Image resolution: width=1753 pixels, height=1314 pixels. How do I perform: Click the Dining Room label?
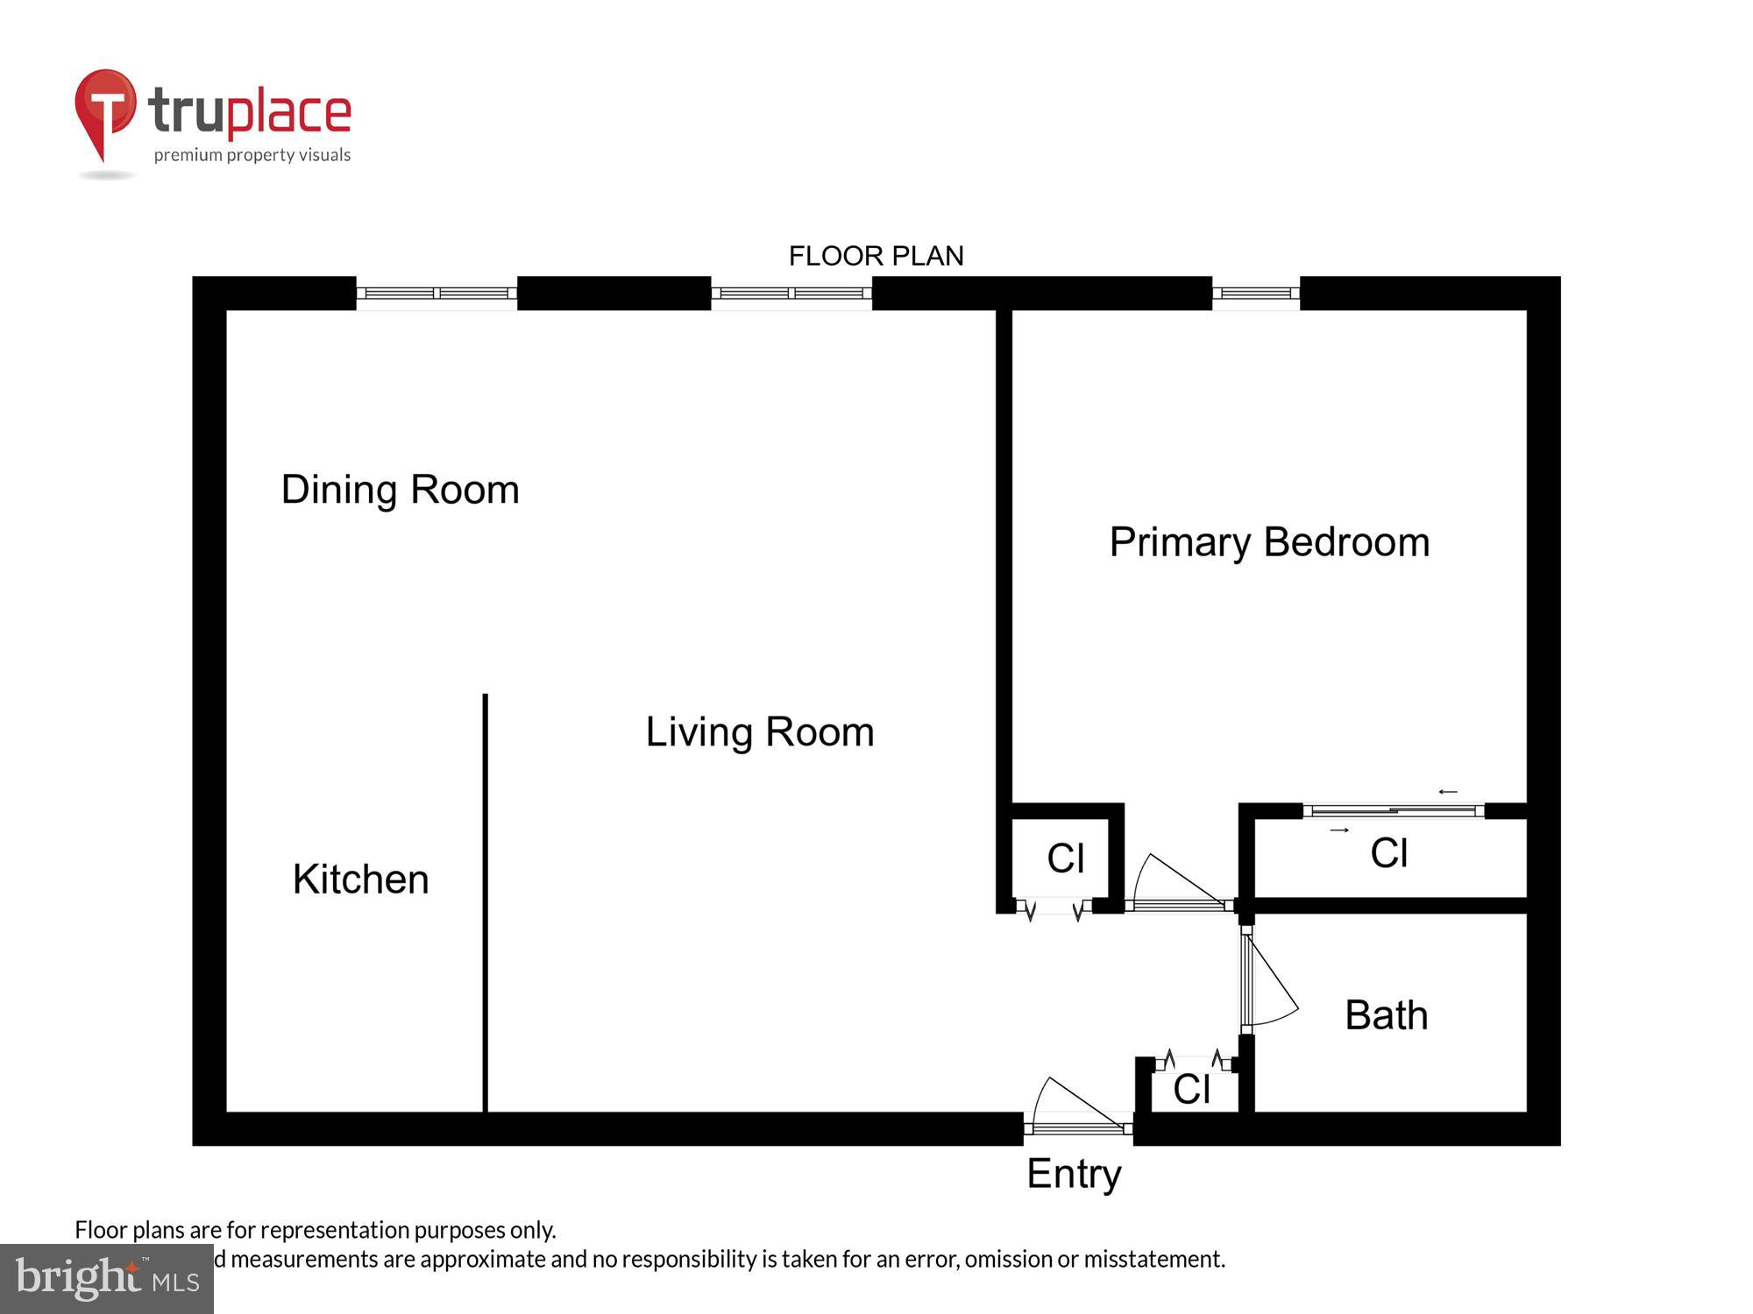(x=400, y=490)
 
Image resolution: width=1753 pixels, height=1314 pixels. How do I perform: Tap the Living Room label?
(x=760, y=732)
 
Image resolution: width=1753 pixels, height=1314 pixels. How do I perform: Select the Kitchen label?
(x=360, y=880)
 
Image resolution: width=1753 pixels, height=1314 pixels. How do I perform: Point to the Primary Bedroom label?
(x=1269, y=542)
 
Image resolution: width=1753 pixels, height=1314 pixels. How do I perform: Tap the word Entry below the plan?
(x=1074, y=1174)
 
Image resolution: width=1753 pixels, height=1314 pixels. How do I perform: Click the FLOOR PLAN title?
(x=876, y=256)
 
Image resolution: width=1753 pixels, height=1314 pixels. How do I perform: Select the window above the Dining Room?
(x=436, y=294)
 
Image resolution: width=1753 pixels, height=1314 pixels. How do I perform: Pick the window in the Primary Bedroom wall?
(x=1255, y=294)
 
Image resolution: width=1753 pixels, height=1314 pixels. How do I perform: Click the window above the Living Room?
(x=791, y=294)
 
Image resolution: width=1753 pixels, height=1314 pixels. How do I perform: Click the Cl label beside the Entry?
(x=1191, y=1090)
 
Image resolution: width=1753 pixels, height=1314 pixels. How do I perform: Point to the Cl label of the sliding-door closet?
(x=1389, y=853)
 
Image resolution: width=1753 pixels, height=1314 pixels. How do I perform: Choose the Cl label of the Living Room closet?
(x=1066, y=858)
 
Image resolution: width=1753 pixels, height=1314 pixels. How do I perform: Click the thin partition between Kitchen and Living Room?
(x=485, y=902)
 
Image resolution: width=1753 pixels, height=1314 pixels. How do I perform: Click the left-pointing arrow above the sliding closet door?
(x=1447, y=792)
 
